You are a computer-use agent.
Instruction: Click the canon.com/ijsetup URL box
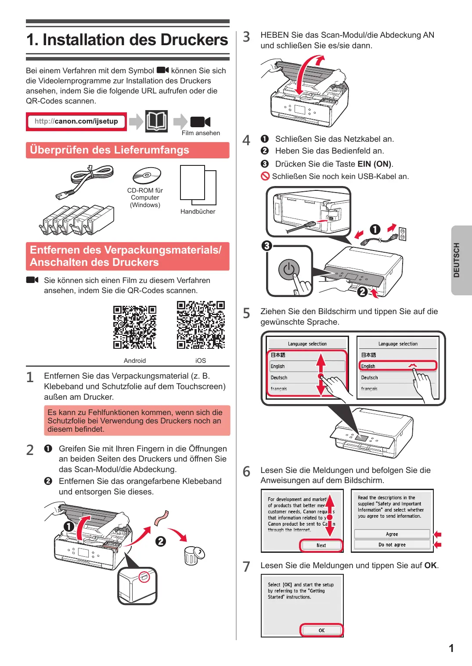click(76, 122)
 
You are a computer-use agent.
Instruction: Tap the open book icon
click(156, 121)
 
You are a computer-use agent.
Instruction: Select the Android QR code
click(134, 327)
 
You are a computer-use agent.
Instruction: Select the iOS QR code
click(201, 325)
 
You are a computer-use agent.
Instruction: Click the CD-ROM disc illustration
click(147, 175)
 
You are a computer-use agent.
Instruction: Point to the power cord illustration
click(84, 181)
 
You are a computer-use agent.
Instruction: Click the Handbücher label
click(198, 211)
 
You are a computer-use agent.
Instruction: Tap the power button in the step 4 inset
click(288, 270)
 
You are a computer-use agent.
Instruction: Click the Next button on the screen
click(321, 545)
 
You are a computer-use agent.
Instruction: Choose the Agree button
click(392, 534)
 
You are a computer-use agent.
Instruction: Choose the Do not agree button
click(392, 545)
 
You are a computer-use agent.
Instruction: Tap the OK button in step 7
click(321, 630)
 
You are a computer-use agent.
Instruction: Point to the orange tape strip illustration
click(162, 518)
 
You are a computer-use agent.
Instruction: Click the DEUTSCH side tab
click(461, 260)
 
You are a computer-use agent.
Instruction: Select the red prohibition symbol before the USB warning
click(265, 176)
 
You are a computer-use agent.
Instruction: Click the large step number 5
click(246, 313)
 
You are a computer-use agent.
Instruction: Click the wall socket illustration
click(403, 234)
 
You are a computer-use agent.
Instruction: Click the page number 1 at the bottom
click(451, 648)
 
